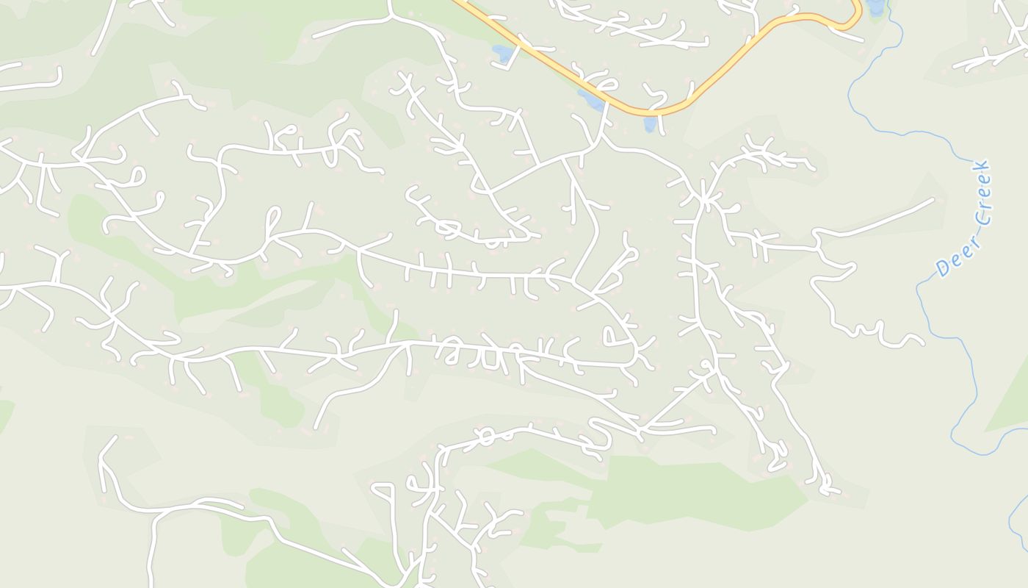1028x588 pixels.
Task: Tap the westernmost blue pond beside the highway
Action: click(502, 53)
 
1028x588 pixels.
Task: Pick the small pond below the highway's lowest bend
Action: click(650, 124)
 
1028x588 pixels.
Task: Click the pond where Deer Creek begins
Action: click(875, 7)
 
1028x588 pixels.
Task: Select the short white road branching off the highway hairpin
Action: click(852, 35)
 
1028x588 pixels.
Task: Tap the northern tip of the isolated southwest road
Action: click(115, 437)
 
